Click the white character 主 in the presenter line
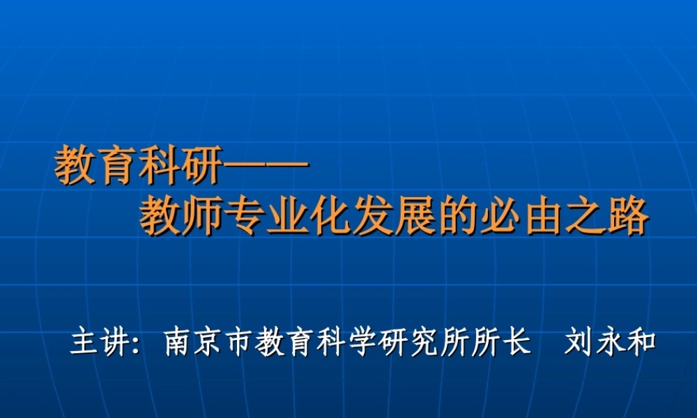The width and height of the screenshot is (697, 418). click(x=83, y=343)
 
